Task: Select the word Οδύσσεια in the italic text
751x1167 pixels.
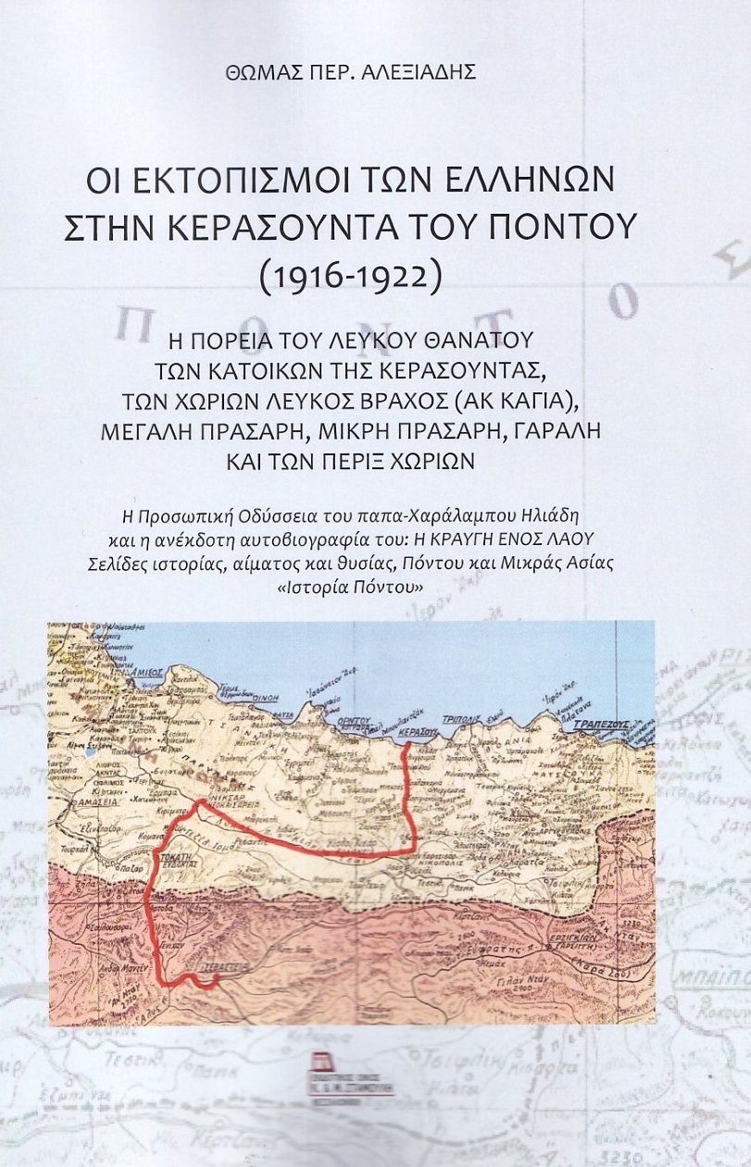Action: point(299,514)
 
